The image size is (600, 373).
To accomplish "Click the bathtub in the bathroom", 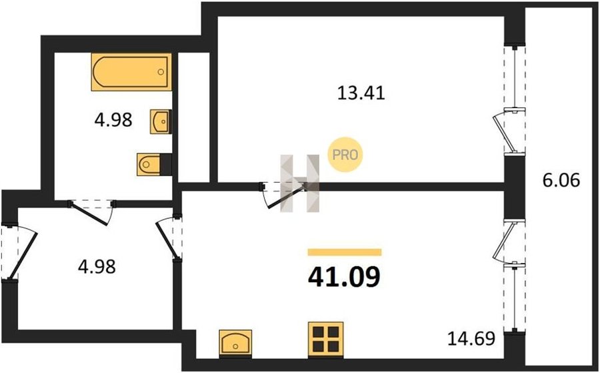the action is [x=131, y=72].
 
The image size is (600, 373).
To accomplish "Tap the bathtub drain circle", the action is [x=161, y=71].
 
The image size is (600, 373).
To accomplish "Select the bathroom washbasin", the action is [x=161, y=122].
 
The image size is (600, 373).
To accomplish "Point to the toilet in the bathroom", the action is [x=154, y=165].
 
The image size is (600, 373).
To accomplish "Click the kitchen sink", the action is [x=235, y=343].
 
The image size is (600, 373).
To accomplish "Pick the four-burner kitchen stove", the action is [x=325, y=339].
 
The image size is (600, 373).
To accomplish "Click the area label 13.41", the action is [x=361, y=93].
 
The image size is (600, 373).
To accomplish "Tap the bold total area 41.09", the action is [x=345, y=277].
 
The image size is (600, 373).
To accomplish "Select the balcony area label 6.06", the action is [x=561, y=179].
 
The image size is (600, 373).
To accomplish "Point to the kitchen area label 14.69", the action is [x=471, y=338].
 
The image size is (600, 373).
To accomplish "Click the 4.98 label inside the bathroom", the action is [x=113, y=120].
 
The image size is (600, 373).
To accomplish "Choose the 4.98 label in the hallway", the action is [x=97, y=266].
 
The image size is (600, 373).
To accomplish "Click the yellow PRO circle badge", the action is [x=345, y=154].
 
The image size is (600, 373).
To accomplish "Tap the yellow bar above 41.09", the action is [x=345, y=252].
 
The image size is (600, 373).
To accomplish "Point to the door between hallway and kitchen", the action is [x=169, y=238].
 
